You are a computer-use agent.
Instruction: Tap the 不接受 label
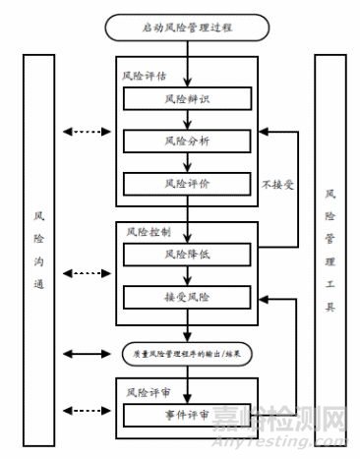(x=279, y=183)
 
